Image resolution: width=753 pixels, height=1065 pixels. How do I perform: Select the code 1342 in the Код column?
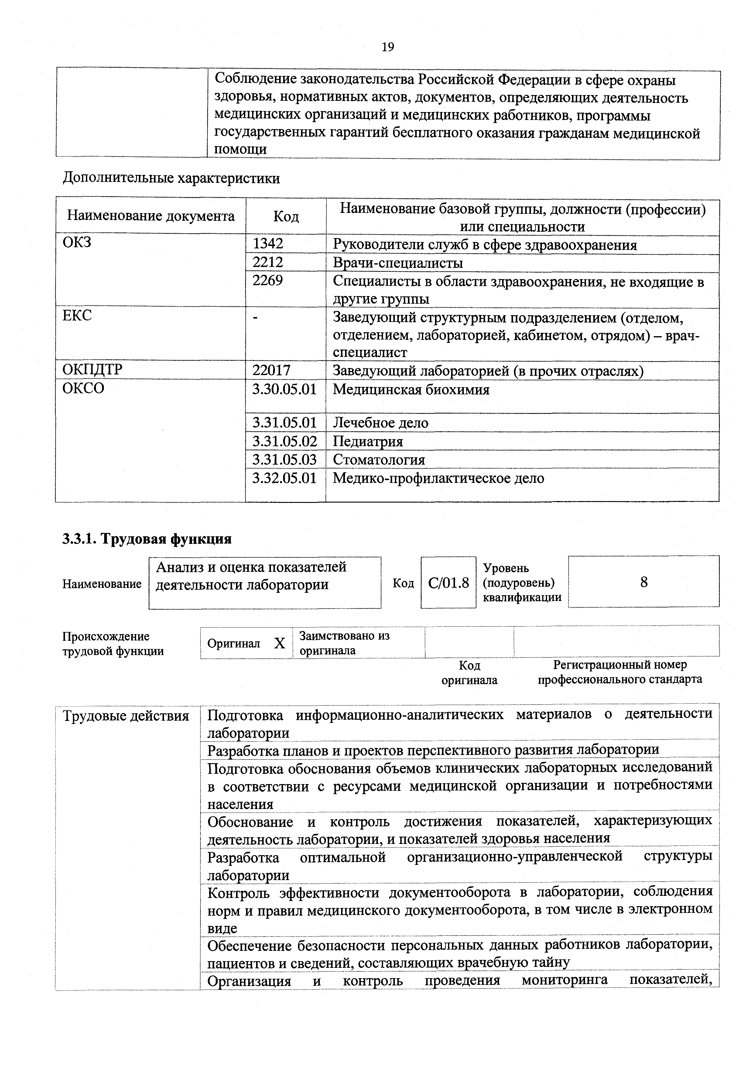tap(268, 244)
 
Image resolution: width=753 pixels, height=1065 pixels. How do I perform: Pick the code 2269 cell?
tap(268, 281)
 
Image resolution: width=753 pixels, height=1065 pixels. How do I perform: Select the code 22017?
tap(272, 370)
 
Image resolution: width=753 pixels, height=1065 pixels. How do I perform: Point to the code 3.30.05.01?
tap(284, 389)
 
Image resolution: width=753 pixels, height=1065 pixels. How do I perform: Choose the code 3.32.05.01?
tap(284, 478)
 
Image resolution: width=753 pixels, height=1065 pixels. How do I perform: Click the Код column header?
tap(286, 217)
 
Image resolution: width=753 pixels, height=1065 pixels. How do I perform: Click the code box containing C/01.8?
tap(448, 582)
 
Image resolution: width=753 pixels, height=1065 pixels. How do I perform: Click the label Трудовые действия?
tap(126, 716)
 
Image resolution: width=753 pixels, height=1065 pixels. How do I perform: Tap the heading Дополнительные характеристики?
tap(171, 178)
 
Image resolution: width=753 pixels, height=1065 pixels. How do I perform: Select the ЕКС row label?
tap(77, 316)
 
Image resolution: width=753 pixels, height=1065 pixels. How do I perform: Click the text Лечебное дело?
tap(380, 422)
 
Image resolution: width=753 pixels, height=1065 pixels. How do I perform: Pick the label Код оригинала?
tap(469, 673)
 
